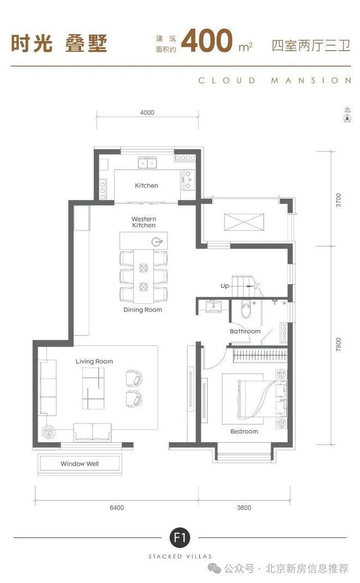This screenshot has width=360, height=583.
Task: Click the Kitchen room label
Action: pos(146,185)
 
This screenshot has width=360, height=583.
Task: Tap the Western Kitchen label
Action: pos(143,222)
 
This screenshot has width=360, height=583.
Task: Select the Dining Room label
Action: pos(143,309)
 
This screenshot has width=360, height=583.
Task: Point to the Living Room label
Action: pos(94,362)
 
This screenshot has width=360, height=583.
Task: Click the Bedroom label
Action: pos(244,431)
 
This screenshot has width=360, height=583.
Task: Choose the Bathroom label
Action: pos(245,331)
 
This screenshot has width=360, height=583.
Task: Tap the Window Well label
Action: pos(80,464)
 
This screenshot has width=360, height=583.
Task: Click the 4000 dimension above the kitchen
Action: pos(147,112)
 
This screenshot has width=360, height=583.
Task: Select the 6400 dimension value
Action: pos(117,508)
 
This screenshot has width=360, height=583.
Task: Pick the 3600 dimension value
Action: pos(244,508)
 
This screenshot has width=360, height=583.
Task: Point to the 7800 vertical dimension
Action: pos(338,344)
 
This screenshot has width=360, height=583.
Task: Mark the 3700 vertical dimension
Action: pos(338,200)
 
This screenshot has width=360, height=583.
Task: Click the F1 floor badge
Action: pos(180,537)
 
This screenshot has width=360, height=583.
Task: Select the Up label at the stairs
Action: pos(225,286)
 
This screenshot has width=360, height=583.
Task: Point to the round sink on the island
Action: pos(157,242)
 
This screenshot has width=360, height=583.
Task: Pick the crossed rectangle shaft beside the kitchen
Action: pos(244,223)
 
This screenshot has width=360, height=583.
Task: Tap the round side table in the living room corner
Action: pos(48,432)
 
